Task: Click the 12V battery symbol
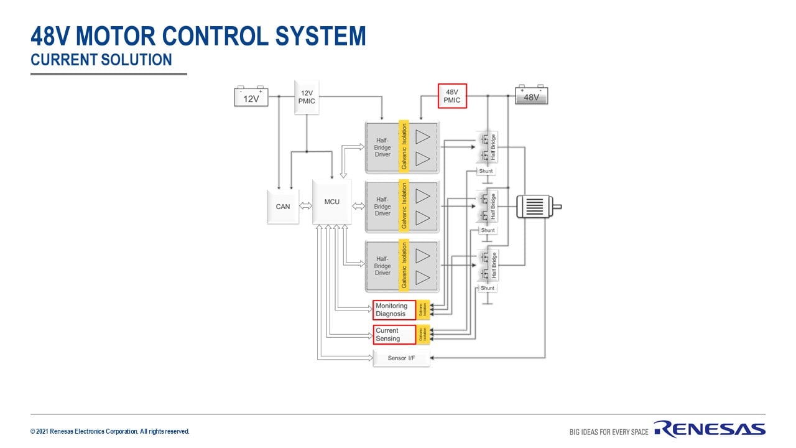point(251,97)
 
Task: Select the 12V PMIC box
point(307,97)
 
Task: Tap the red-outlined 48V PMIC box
point(452,96)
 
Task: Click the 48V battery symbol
point(531,96)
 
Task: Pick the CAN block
point(282,206)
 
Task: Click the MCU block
point(332,202)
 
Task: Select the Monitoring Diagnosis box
point(394,310)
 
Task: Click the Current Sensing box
point(394,335)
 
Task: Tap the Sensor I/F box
point(401,358)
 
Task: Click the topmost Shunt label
point(486,171)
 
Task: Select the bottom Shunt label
point(488,288)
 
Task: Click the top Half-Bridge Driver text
point(382,147)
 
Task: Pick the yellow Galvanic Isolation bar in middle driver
point(404,206)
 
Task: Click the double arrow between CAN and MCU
point(305,206)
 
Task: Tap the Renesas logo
point(709,429)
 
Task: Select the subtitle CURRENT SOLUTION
point(101,60)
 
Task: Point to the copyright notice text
point(110,431)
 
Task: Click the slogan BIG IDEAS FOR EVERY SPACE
point(609,432)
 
